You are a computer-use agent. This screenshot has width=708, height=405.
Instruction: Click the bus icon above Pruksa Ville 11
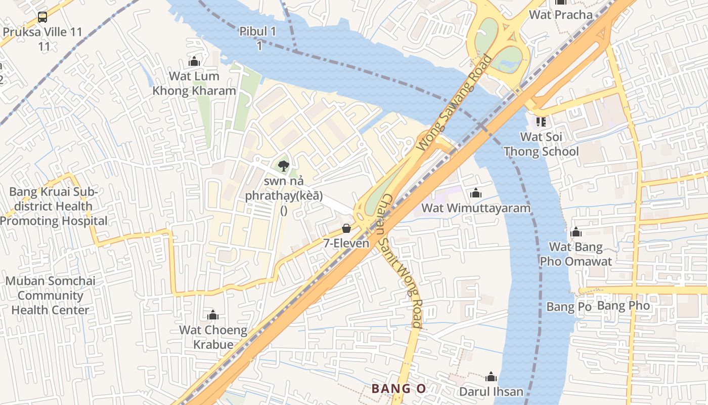pos(42,17)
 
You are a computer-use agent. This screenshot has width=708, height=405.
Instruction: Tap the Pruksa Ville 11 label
pos(42,32)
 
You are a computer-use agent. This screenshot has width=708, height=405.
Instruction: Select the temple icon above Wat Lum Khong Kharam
pos(194,61)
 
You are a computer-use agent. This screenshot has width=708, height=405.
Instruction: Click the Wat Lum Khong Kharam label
pos(194,84)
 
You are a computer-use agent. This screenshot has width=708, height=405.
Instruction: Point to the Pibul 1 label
pos(258,32)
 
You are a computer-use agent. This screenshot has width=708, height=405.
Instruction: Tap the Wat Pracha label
pos(560,15)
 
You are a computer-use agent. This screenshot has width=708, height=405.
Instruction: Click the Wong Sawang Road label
pos(454,103)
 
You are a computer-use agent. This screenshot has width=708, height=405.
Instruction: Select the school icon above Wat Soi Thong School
pos(541,122)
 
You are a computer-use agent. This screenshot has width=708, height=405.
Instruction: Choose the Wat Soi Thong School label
pos(541,144)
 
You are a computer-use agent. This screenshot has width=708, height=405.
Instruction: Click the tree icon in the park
pos(284,165)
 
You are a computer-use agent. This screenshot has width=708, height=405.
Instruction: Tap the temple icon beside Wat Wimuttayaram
pos(475,193)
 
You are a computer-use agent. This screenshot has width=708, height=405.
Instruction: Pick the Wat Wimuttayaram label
pos(476,208)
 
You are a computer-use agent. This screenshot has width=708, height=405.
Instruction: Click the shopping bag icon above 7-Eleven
pos(346,228)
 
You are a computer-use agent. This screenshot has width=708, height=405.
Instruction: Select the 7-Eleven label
pos(346,244)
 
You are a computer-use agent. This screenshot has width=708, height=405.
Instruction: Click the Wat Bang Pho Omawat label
pos(576,254)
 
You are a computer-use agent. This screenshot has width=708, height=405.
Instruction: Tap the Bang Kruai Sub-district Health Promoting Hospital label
pos(54,207)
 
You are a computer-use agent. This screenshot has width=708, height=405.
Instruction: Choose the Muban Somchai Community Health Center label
pos(50,296)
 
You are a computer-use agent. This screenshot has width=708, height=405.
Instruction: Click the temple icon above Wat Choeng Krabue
pos(213,315)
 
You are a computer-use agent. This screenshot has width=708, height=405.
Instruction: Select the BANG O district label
pos(399,389)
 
